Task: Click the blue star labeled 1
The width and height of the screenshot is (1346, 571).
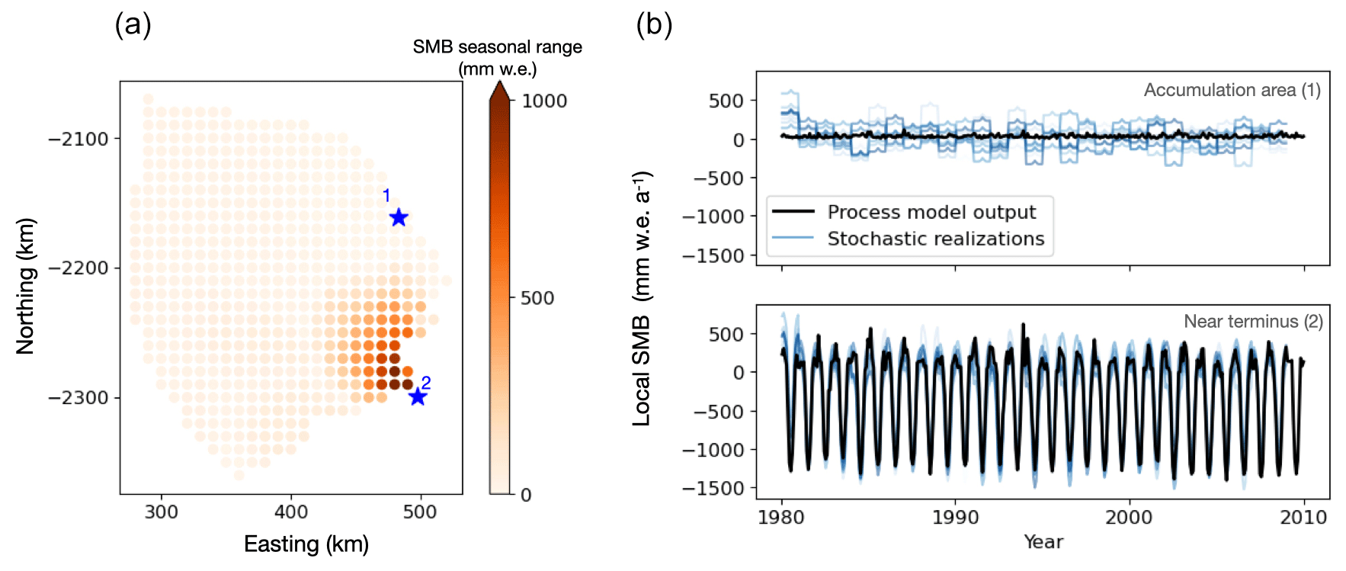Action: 399,218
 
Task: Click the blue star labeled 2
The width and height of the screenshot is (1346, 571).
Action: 417,396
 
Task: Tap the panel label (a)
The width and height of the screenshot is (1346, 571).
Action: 133,24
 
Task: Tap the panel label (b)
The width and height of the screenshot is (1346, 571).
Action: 654,24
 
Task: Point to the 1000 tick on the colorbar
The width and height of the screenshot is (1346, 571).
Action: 544,101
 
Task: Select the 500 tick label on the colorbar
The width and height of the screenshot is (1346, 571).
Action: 537,298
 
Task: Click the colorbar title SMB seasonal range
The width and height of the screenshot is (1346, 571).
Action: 497,47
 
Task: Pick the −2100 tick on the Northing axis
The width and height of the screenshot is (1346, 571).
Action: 79,139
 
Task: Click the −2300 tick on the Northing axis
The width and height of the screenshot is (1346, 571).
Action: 79,397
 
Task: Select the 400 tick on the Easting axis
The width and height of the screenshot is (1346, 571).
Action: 291,512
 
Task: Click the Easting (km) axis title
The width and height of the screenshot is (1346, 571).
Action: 306,544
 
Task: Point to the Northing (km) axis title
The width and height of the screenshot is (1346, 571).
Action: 25,286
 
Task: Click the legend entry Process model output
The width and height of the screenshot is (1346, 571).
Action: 931,212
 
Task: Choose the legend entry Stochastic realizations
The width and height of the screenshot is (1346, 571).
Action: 935,239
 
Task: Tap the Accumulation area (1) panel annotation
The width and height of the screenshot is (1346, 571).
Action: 1232,90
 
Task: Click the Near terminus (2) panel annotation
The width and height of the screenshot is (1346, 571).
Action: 1253,322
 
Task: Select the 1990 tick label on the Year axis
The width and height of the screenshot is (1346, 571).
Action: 955,517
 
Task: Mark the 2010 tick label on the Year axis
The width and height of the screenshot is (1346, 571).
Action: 1303,517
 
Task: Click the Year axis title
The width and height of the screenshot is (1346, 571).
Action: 1043,542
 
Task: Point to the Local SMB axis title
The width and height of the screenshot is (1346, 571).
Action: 643,297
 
